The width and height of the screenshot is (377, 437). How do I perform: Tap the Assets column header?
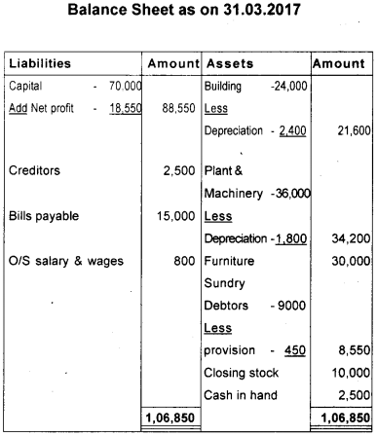coord(229,63)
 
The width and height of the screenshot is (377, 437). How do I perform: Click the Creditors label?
coord(34,170)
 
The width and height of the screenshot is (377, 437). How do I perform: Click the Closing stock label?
coord(242,372)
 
